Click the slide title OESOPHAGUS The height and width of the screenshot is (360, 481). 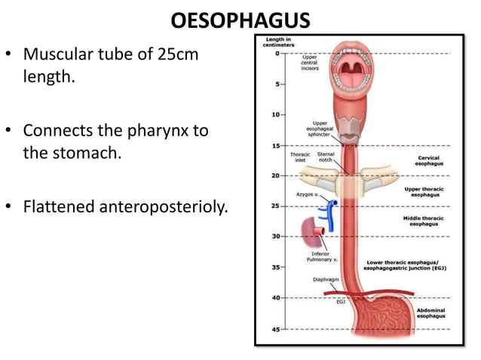click(240, 18)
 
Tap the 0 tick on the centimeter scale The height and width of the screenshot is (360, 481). click(279, 53)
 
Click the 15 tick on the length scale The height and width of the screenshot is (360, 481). click(277, 145)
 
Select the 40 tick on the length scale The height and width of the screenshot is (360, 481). click(277, 297)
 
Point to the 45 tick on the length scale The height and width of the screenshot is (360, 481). click(277, 328)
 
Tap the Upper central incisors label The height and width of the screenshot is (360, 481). click(310, 62)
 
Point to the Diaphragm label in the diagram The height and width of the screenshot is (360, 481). click(325, 279)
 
